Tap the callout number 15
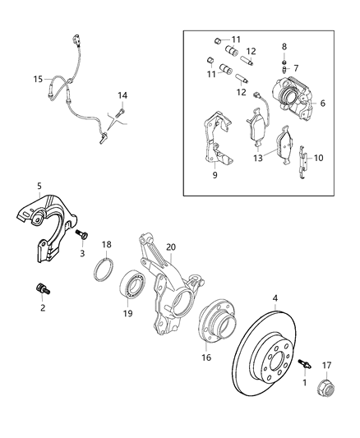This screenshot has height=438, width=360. pyautogui.click(x=37, y=80)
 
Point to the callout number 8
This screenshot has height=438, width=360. pyautogui.click(x=284, y=47)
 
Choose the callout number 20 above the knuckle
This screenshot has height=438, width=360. pyautogui.click(x=170, y=247)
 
